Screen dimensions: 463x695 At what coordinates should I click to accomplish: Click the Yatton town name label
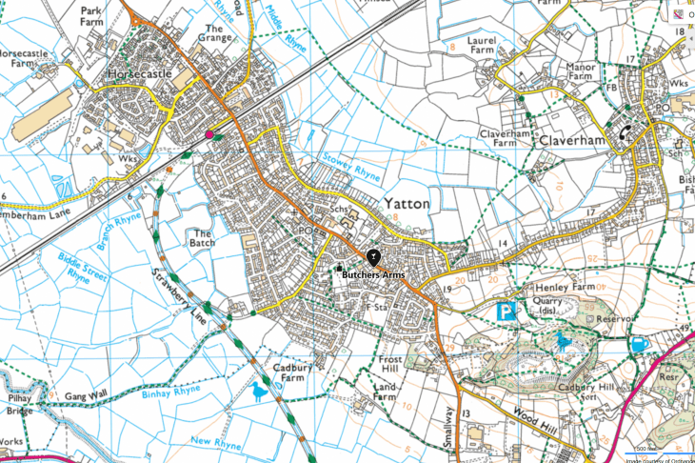(407, 204)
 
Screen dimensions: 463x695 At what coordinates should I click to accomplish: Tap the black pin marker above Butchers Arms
(372, 256)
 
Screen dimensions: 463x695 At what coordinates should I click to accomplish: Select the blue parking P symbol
(507, 312)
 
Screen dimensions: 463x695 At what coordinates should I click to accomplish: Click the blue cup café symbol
(639, 343)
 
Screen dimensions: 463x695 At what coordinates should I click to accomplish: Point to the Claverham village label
(571, 139)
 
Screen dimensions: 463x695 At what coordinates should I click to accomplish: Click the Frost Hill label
(391, 362)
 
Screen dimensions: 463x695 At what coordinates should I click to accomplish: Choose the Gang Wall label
(88, 394)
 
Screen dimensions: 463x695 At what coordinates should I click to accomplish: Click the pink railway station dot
(209, 134)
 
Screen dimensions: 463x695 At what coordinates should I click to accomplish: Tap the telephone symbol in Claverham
(625, 133)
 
